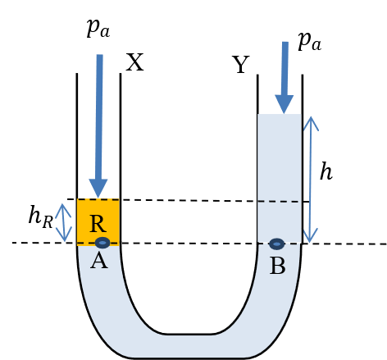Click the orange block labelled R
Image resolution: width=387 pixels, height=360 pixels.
(98, 222)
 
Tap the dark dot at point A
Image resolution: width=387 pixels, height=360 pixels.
(102, 243)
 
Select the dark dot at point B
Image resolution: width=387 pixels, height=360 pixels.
(276, 244)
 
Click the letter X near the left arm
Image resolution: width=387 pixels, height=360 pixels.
(134, 62)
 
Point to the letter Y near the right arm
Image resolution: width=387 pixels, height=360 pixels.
(241, 65)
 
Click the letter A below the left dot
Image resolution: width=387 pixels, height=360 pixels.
(99, 262)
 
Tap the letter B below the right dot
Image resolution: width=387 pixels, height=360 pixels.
(278, 266)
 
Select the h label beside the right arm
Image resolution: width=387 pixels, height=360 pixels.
(326, 171)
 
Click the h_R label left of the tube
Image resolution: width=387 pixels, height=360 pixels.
(41, 216)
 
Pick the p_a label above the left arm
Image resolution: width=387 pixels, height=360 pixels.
(98, 29)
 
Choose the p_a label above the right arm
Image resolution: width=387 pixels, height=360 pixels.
(309, 42)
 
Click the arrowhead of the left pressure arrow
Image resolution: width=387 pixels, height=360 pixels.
(98, 189)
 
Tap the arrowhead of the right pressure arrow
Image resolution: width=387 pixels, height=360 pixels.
(285, 104)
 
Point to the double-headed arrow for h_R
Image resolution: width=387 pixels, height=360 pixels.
(63, 222)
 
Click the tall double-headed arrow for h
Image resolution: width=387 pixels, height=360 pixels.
(311, 180)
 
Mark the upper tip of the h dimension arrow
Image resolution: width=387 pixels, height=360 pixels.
(311, 116)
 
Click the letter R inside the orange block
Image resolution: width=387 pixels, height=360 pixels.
(98, 224)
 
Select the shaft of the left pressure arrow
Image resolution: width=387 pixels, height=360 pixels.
(99, 117)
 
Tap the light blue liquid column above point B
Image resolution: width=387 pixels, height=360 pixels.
(280, 178)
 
